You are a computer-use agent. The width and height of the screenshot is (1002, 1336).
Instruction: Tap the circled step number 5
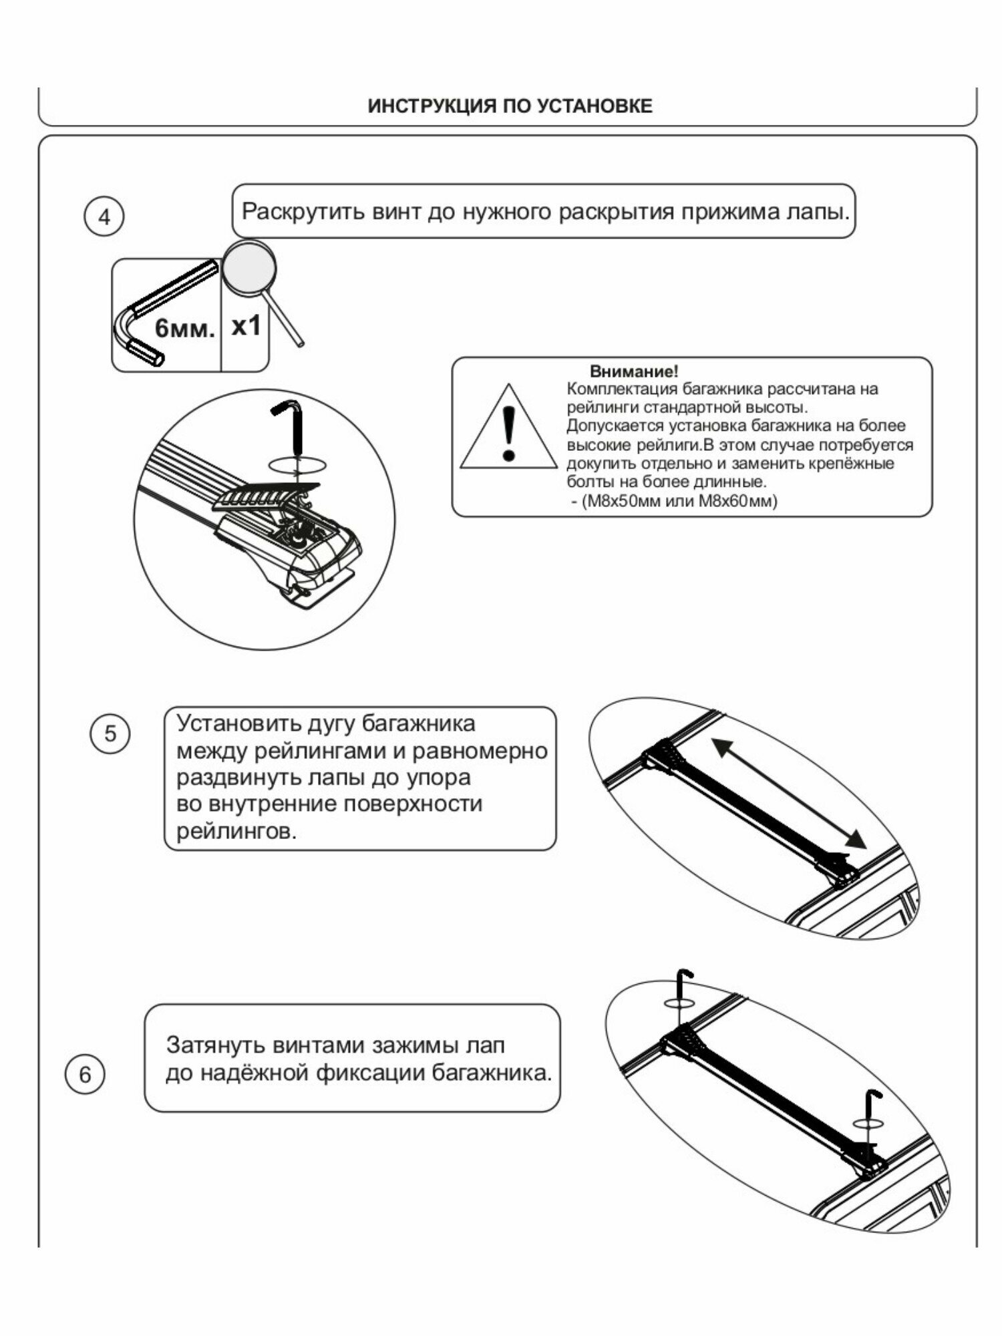coord(110,733)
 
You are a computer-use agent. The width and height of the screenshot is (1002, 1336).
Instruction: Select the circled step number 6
coord(85,1075)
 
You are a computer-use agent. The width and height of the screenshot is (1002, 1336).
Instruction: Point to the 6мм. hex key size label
coord(185,329)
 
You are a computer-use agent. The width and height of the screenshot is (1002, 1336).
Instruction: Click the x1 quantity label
coord(245,326)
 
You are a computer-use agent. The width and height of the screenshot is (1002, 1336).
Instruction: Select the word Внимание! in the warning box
coord(633,371)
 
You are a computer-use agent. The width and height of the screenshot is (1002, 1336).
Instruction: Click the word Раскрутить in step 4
coord(298,212)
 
